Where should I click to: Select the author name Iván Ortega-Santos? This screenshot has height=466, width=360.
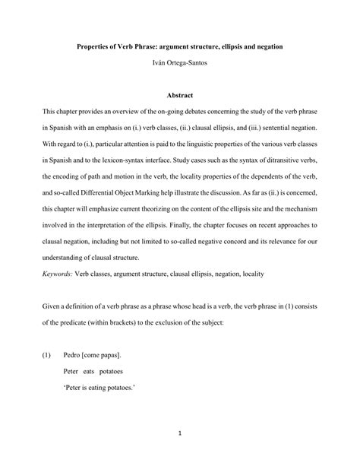tap(179, 65)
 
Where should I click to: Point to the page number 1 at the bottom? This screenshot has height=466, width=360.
tap(180, 433)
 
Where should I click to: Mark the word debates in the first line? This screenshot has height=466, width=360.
tap(209, 113)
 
